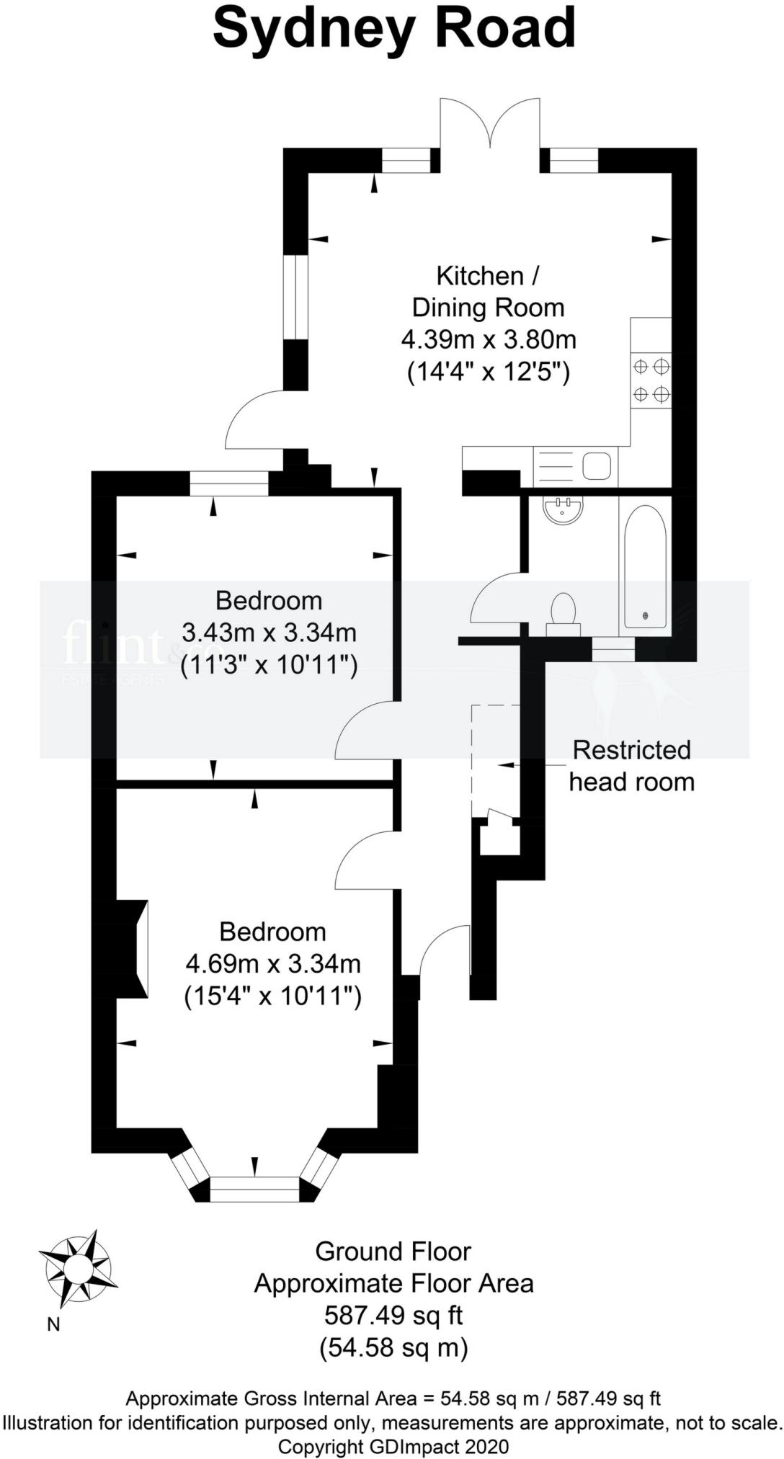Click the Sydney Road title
[394, 29]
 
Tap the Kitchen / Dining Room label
[488, 292]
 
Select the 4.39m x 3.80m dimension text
[489, 339]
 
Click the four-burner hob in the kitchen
[651, 380]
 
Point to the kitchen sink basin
[597, 466]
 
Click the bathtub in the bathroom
[645, 566]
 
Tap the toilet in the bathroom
[563, 615]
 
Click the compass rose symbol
[79, 1267]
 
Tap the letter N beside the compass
[53, 1324]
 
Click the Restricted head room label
[632, 766]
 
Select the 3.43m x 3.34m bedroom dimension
[269, 633]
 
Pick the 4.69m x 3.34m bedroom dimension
[273, 964]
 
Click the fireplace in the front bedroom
[133, 949]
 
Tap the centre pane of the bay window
[254, 1189]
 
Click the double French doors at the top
[490, 123]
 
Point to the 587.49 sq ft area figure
[393, 1316]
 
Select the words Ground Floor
[393, 1251]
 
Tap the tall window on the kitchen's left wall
[295, 296]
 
